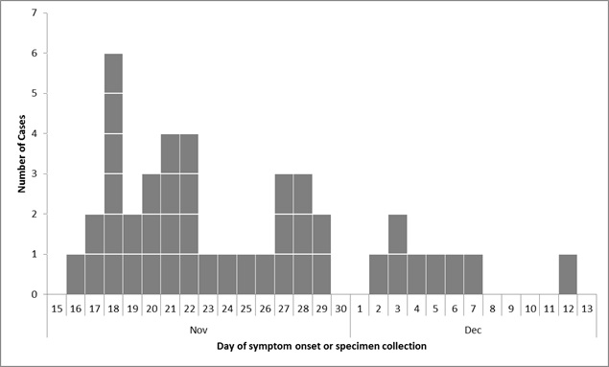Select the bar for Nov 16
75,274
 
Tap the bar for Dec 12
568,274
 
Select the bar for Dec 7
473,274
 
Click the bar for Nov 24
226,274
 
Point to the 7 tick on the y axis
35,13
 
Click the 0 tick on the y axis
35,294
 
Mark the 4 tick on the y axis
35,134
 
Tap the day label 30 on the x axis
340,309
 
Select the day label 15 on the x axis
57,309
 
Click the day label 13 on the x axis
587,309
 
